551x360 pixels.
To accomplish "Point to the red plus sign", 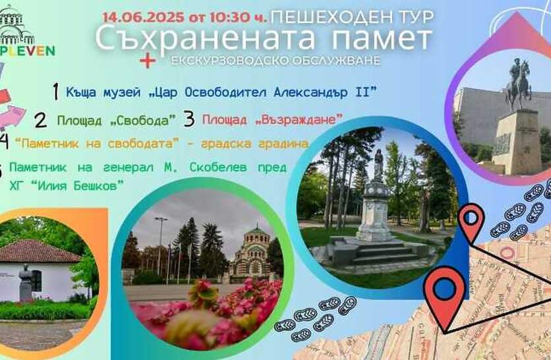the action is [x=148, y=61].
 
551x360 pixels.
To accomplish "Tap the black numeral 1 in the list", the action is [x=55, y=92].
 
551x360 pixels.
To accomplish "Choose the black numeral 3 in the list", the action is [x=189, y=119].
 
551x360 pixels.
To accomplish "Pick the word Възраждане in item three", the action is [x=299, y=120].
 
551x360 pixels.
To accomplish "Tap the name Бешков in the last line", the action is [x=95, y=185].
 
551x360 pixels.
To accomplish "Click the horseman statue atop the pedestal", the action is [x=518, y=84].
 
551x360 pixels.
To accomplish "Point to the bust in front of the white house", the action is [x=26, y=283].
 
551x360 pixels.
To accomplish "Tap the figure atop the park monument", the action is [x=378, y=165].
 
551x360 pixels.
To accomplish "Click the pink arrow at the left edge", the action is [x=12, y=117].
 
